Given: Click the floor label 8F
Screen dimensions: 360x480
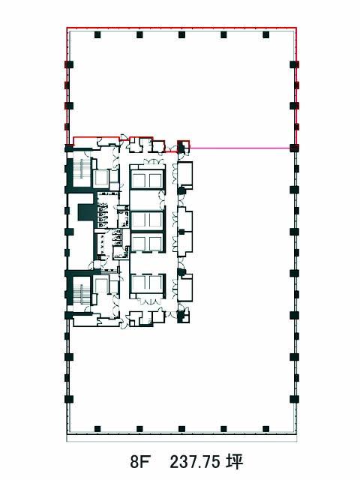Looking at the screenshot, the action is [140, 461].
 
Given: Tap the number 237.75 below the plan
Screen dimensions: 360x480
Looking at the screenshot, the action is [195, 461].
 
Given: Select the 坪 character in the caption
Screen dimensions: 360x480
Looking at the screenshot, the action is [235, 461].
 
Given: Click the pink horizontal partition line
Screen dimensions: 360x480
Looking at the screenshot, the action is [240, 148].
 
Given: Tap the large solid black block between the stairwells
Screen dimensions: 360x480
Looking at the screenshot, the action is [87, 211].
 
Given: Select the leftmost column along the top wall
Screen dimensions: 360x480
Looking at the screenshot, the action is [97, 34].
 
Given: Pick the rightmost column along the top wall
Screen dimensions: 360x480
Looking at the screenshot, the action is [265, 34].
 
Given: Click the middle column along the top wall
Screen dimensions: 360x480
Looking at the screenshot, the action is [181, 34].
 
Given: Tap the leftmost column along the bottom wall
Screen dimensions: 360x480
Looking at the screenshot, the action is [97, 428].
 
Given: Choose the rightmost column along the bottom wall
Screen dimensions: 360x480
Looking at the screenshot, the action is [265, 428].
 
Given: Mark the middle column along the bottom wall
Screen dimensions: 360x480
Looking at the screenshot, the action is [181, 428].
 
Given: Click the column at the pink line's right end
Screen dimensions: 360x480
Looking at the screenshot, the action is [294, 148].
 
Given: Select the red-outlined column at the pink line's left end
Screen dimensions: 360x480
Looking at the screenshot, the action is [183, 147].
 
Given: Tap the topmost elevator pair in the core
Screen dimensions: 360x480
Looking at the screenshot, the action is [148, 180].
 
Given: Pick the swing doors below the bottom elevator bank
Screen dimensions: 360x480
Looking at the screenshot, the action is [149, 301].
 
